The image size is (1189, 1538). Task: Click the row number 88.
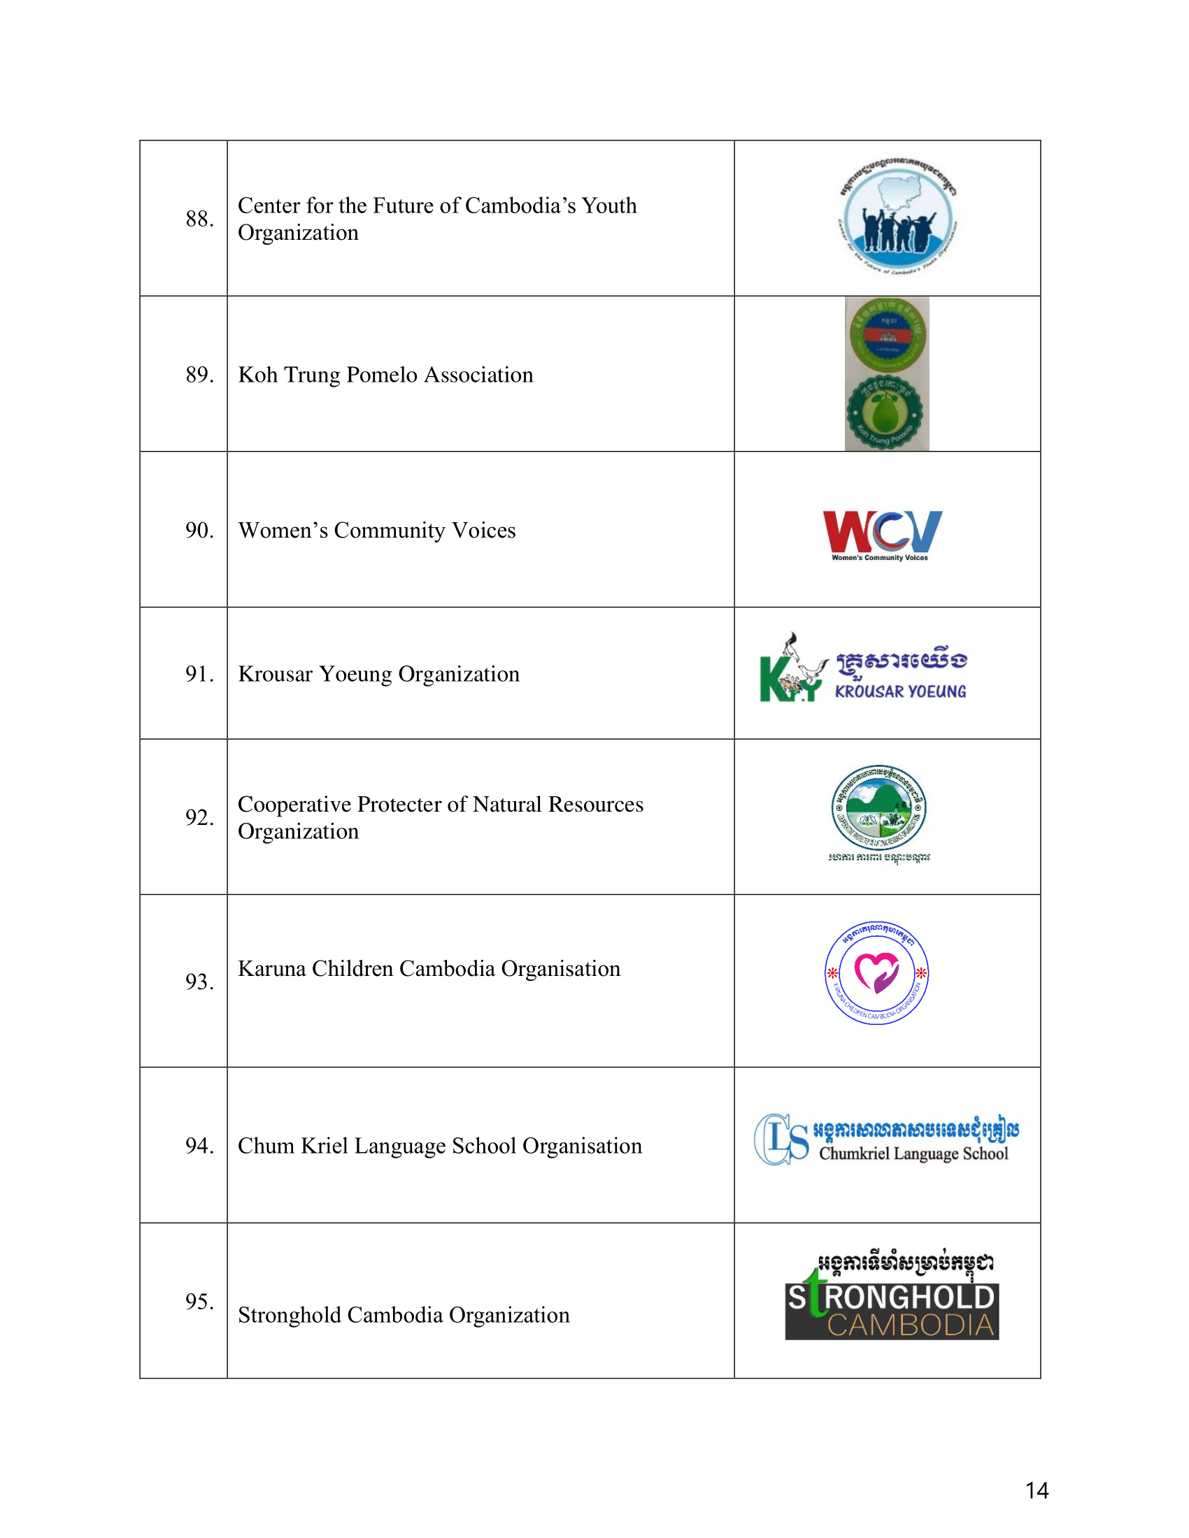pyautogui.click(x=199, y=219)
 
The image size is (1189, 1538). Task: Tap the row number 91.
pyautogui.click(x=199, y=674)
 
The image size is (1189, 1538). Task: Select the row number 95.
pyautogui.click(x=199, y=1302)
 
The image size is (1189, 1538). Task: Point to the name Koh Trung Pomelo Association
pyautogui.click(x=385, y=375)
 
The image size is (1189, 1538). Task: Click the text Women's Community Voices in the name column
pyautogui.click(x=376, y=531)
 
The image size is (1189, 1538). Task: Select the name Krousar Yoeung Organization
pyautogui.click(x=378, y=674)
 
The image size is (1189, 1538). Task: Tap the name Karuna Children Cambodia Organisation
pyautogui.click(x=428, y=969)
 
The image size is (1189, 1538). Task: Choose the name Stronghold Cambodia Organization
pyautogui.click(x=403, y=1316)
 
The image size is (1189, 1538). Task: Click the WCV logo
pyautogui.click(x=882, y=533)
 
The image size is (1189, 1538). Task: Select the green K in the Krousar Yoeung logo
pyautogui.click(x=775, y=679)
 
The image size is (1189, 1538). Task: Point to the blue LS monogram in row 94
pyautogui.click(x=781, y=1139)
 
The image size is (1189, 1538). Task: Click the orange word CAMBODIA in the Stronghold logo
pyautogui.click(x=910, y=1325)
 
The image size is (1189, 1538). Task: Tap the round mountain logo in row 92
pyautogui.click(x=878, y=807)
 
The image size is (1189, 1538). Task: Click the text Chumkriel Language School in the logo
pyautogui.click(x=913, y=1153)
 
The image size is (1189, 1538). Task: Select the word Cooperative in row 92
pyautogui.click(x=294, y=804)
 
